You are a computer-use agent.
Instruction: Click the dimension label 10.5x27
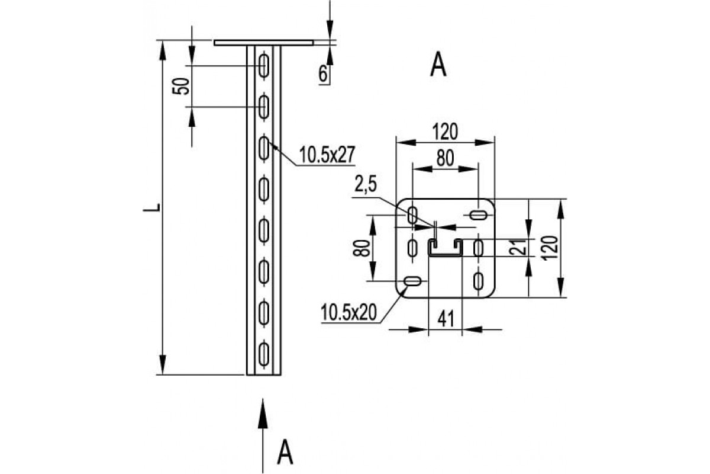tap(327, 155)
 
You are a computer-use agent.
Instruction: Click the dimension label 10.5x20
tap(348, 312)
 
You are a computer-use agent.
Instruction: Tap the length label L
tap(151, 207)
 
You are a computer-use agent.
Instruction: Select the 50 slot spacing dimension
tap(181, 87)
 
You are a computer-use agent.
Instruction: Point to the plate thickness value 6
tap(322, 74)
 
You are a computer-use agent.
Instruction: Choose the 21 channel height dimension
tap(518, 247)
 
